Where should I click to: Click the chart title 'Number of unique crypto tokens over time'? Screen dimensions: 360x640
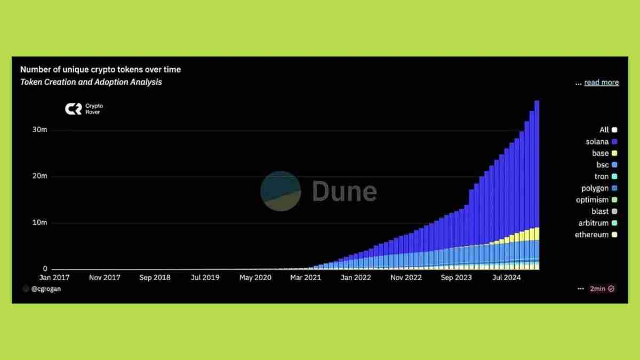[100, 69]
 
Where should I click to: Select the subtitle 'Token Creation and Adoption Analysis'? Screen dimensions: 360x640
[91, 82]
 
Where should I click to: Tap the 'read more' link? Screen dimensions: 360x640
[601, 83]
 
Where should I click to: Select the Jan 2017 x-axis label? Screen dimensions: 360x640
[54, 278]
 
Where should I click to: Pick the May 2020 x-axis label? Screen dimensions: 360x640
[255, 278]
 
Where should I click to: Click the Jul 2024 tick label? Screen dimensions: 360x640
[506, 278]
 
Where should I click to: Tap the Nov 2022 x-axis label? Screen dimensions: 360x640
[406, 278]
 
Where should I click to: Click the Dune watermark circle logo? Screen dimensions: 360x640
[281, 190]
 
